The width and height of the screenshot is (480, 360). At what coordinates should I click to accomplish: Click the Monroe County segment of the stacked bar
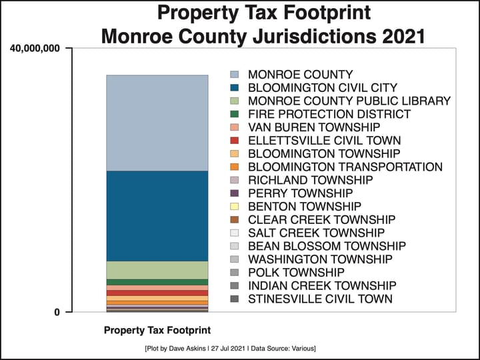point(157,123)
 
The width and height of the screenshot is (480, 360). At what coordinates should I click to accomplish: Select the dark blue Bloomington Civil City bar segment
point(157,215)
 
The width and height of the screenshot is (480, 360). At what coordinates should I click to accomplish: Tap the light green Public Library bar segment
point(157,269)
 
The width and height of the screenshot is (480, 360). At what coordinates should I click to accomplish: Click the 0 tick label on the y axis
point(58,312)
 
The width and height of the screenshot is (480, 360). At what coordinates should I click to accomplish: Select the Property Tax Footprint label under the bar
point(157,331)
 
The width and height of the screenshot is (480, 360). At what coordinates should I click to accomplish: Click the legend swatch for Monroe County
point(234,75)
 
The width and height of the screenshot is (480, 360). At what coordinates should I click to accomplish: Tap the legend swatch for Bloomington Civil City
point(234,88)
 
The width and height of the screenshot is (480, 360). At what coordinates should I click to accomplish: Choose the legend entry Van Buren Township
point(314,127)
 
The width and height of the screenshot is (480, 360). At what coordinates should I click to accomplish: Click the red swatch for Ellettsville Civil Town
point(234,141)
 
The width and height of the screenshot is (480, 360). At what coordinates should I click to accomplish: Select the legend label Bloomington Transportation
point(345,167)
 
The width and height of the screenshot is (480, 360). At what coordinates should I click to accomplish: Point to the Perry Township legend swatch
point(234,193)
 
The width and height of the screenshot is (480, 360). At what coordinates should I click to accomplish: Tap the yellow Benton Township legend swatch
point(234,207)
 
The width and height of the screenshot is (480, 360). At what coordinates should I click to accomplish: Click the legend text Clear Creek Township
point(322,219)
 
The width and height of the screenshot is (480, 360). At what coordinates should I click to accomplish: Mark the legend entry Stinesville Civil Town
point(320,299)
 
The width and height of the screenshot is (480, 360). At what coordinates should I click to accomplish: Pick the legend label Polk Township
point(296,273)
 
